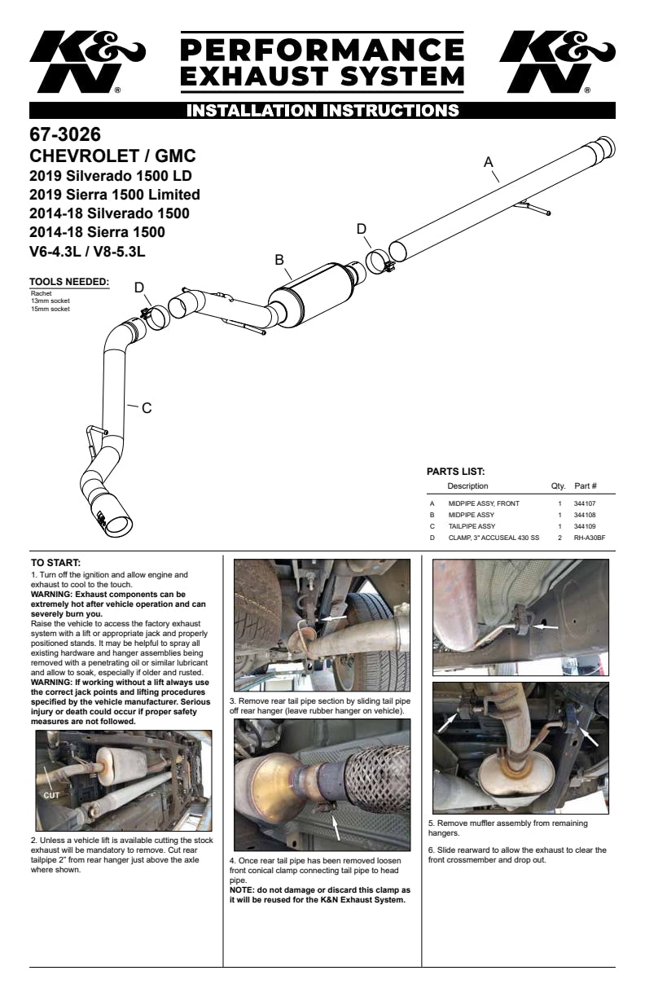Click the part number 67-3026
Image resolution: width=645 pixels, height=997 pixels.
click(x=65, y=134)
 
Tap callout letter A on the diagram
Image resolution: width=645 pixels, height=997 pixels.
click(x=489, y=162)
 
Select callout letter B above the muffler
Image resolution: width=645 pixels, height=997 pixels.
click(x=279, y=260)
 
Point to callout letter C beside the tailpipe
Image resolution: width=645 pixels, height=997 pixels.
click(x=147, y=408)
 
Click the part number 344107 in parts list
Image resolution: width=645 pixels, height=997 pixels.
click(x=585, y=503)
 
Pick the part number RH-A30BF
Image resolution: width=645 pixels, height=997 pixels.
click(x=590, y=538)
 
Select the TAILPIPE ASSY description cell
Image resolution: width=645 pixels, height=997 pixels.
click(x=472, y=526)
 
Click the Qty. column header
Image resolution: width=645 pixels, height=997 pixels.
click(x=558, y=486)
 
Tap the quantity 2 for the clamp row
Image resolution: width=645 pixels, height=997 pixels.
click(x=560, y=538)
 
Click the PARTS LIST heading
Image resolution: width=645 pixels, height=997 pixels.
click(x=455, y=472)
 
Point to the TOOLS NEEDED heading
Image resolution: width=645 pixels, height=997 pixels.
click(x=69, y=282)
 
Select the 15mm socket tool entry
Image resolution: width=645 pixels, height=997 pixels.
click(x=50, y=309)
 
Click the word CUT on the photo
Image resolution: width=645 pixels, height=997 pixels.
click(x=51, y=795)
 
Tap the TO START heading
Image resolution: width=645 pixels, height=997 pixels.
click(x=55, y=563)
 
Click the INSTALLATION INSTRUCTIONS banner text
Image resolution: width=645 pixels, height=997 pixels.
click(x=322, y=111)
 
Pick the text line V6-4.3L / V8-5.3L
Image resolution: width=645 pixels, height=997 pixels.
click(x=87, y=252)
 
